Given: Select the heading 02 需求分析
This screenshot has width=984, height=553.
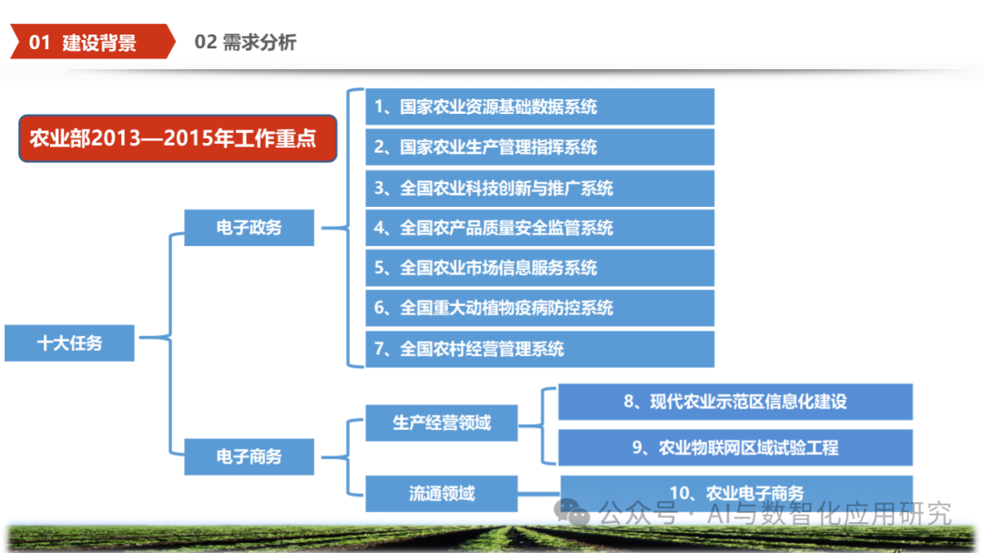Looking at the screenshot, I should (245, 42).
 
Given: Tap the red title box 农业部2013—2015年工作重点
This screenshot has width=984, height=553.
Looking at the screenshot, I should (177, 138).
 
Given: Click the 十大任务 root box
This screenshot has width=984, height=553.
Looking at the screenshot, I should (69, 343).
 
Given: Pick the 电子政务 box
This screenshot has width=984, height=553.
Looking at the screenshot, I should (249, 227).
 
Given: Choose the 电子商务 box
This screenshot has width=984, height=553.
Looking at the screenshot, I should (249, 456).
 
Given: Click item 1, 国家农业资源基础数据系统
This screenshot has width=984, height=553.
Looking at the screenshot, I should (539, 107).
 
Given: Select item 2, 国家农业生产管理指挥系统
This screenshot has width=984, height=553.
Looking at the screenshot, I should (539, 147).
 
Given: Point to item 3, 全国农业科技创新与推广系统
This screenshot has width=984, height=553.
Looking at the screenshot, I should (539, 188).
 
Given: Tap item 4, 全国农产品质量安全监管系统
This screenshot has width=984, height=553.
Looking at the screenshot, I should (539, 228).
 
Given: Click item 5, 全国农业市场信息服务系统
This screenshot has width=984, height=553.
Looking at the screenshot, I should (539, 268).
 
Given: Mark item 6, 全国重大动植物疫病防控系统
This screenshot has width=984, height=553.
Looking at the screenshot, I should (539, 308).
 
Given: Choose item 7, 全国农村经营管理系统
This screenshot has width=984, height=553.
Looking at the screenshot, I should (539, 349).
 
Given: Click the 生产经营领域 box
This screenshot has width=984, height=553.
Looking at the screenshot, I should (441, 423).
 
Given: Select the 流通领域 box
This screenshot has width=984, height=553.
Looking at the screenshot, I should (441, 493).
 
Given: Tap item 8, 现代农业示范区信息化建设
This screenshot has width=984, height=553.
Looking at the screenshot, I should (734, 402).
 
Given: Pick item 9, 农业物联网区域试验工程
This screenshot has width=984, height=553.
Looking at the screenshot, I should (734, 447).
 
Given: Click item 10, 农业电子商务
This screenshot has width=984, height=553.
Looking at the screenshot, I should (736, 493).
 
